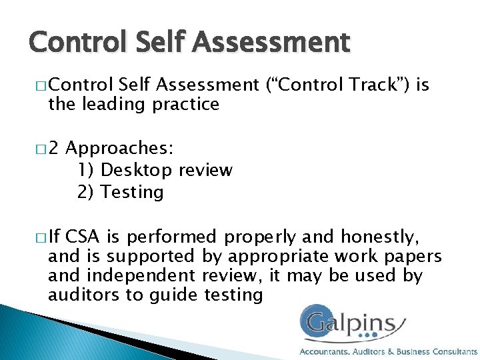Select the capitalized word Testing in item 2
[x=132, y=192]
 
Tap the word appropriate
[x=277, y=255]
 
